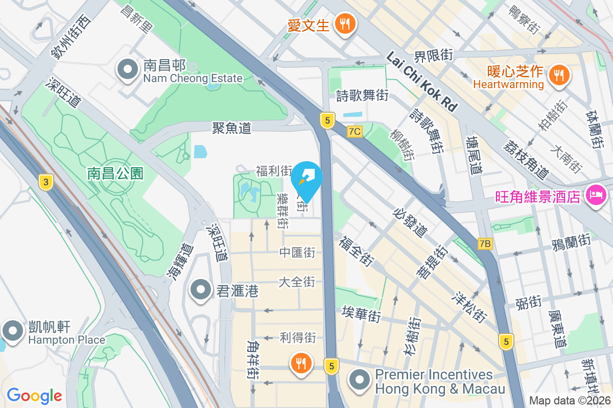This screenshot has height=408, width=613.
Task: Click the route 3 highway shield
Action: [x=46, y=182]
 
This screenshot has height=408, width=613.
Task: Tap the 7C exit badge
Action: [x=354, y=132]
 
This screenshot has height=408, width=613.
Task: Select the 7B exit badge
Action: [x=485, y=244]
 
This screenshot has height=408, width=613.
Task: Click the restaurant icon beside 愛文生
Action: [x=345, y=23]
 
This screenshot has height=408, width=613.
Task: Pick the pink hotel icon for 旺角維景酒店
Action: [x=596, y=194]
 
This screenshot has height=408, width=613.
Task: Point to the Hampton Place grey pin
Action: [x=11, y=331]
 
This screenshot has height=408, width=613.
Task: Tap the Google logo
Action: [x=34, y=395]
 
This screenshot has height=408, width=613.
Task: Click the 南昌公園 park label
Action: [x=115, y=173]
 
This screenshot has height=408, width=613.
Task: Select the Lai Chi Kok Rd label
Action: [x=421, y=81]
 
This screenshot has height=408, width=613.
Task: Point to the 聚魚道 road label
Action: [x=232, y=127]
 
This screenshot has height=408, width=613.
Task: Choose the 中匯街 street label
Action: [x=297, y=252]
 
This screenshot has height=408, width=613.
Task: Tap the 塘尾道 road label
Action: [x=475, y=155]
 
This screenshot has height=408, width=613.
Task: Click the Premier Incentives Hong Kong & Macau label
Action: [x=440, y=381]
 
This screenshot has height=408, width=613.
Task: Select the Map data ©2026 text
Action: [x=570, y=401]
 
